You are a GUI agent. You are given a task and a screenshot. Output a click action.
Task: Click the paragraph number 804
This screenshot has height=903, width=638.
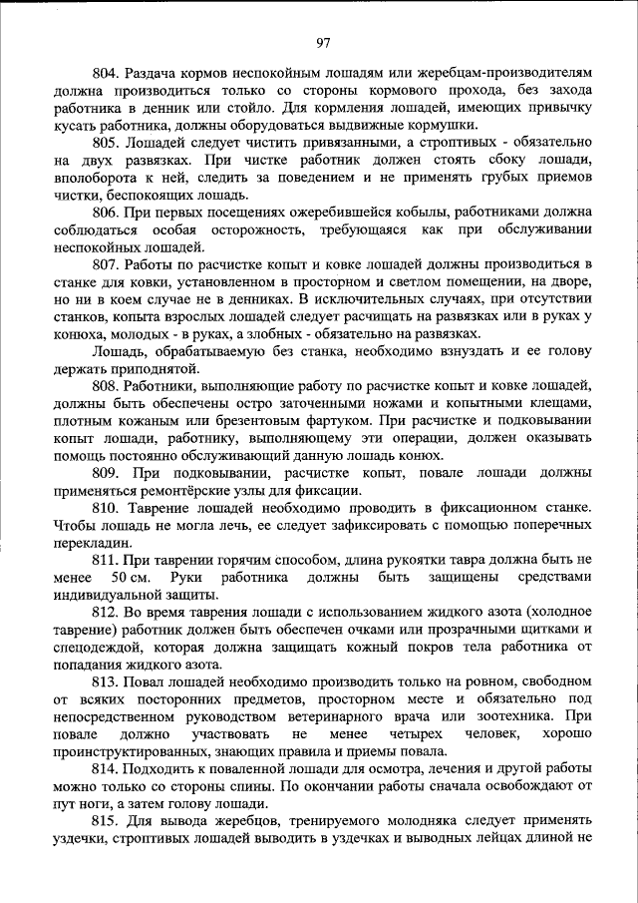click(105, 73)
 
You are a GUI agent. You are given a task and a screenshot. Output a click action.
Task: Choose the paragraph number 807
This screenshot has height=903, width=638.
click(105, 264)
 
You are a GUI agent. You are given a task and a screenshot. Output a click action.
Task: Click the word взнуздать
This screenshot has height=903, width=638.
click(444, 351)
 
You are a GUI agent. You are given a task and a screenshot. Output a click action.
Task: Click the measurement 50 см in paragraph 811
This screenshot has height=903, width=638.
click(132, 578)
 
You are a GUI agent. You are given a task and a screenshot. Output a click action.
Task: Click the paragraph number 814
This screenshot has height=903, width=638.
click(105, 769)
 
